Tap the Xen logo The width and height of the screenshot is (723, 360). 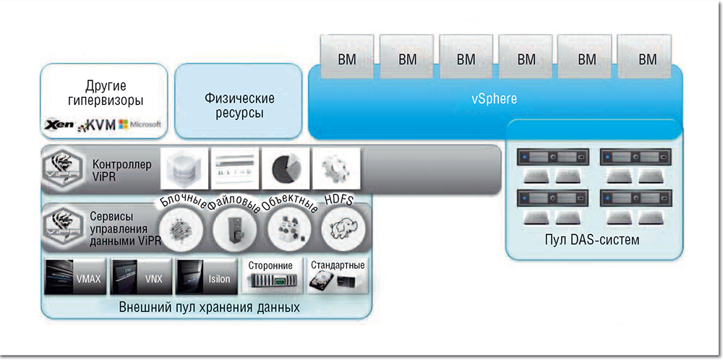[x=59, y=125]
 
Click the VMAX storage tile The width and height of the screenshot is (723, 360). [x=74, y=275]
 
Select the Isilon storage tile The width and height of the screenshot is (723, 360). [x=205, y=275]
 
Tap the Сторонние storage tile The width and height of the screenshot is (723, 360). [x=272, y=275]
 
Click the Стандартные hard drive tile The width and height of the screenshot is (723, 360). [x=337, y=275]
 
